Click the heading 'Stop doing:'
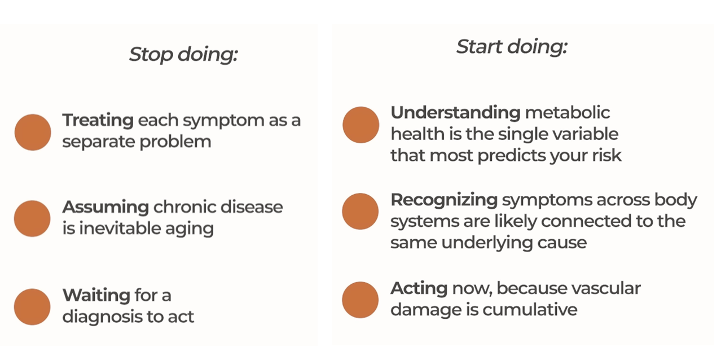[183, 54]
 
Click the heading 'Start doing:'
[512, 47]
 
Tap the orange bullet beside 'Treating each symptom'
[33, 132]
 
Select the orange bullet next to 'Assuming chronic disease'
[32, 218]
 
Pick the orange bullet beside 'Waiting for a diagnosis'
[32, 306]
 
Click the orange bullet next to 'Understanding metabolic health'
[361, 125]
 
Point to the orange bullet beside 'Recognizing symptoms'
[360, 211]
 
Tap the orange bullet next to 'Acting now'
[360, 300]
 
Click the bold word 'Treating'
[98, 121]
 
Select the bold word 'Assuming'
[105, 207]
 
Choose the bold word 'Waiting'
[96, 295]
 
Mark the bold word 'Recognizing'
[444, 200]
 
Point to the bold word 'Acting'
[419, 288]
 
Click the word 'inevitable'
[120, 229]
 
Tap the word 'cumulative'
[530, 310]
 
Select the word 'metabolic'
[568, 113]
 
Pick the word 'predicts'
[512, 156]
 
